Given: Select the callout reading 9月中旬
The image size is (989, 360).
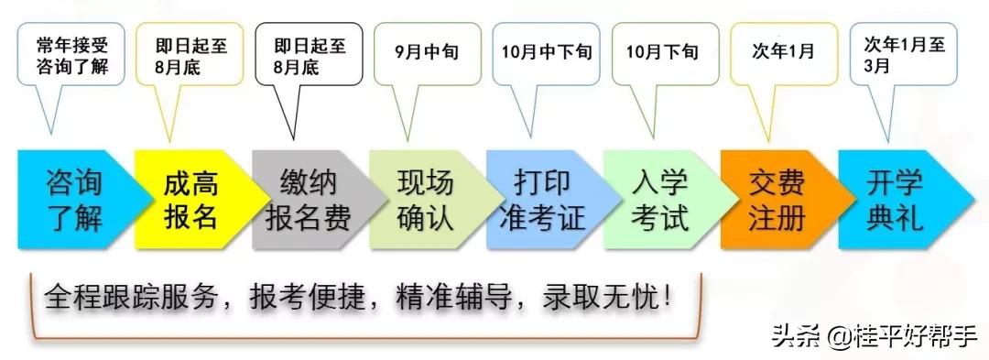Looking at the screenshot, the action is tap(427, 50).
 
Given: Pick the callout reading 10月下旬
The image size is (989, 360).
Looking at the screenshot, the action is tap(663, 51).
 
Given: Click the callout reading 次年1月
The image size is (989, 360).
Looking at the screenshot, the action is tap(783, 50).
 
